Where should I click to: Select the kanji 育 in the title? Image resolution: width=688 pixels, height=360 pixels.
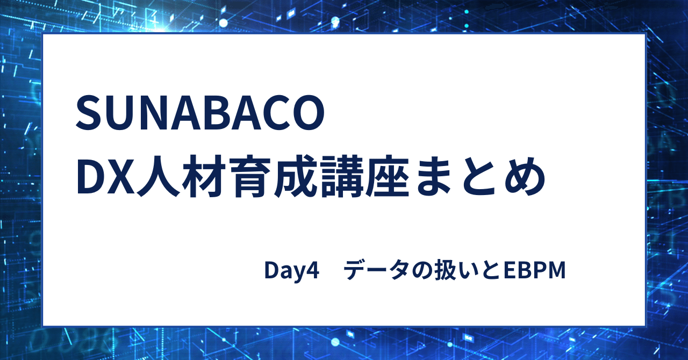click(x=250, y=178)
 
